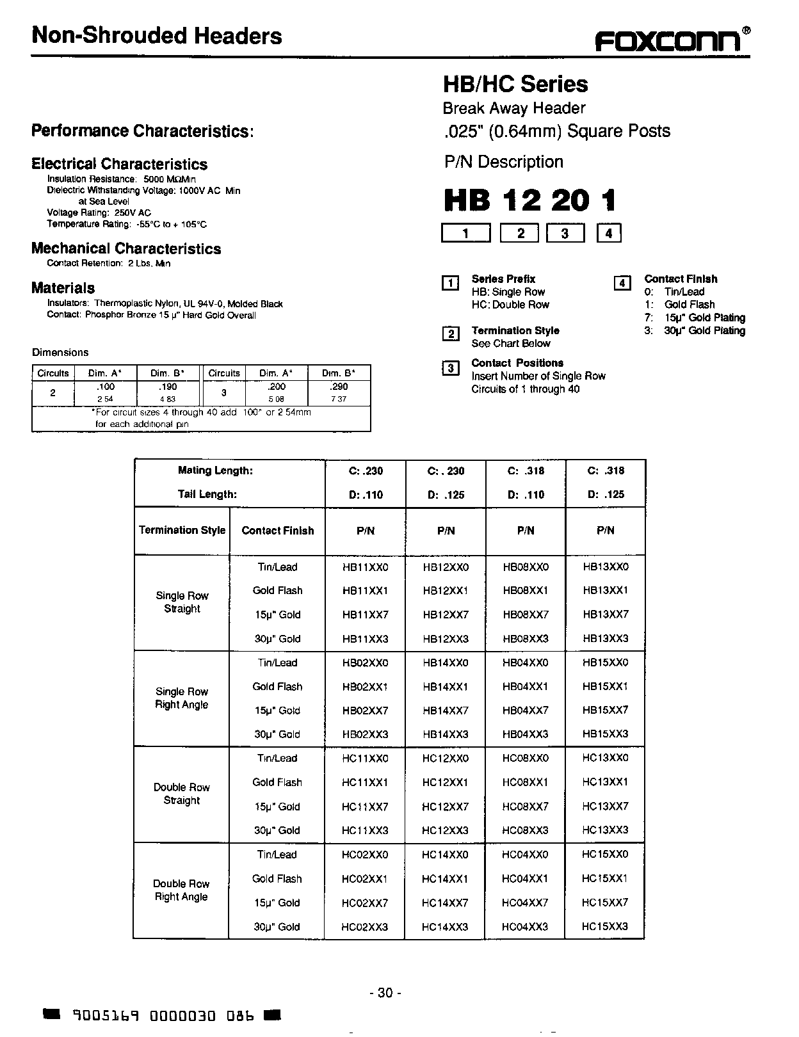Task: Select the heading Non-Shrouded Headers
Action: pyautogui.click(x=157, y=36)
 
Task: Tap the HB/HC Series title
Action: pyautogui.click(x=515, y=84)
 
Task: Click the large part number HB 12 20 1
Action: pyautogui.click(x=529, y=200)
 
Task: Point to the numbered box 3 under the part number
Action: pyautogui.click(x=565, y=234)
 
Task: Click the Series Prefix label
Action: pyautogui.click(x=503, y=279)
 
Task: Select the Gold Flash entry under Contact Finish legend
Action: pyautogui.click(x=689, y=305)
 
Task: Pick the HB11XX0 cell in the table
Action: pyautogui.click(x=365, y=567)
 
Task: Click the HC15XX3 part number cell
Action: pyautogui.click(x=605, y=926)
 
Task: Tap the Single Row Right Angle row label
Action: pyautogui.click(x=182, y=698)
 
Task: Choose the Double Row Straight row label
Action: pyautogui.click(x=182, y=794)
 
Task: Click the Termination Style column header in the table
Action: pyautogui.click(x=182, y=530)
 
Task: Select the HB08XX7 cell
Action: pyautogui.click(x=526, y=615)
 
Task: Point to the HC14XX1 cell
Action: pyautogui.click(x=445, y=879)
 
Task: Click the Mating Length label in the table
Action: pyautogui.click(x=215, y=470)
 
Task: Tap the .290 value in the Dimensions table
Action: pyautogui.click(x=339, y=387)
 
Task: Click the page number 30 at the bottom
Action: pyautogui.click(x=385, y=993)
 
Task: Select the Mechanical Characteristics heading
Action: pyautogui.click(x=126, y=249)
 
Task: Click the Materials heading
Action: pyautogui.click(x=63, y=288)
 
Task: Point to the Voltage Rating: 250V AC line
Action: pyautogui.click(x=99, y=213)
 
